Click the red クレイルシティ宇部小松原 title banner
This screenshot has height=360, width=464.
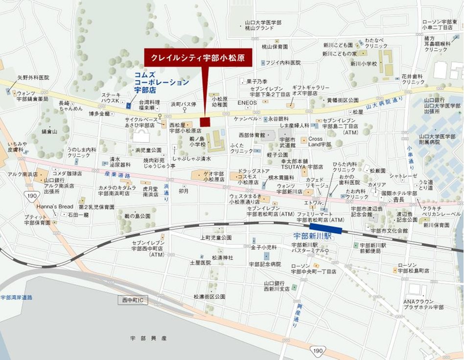tap(198, 57)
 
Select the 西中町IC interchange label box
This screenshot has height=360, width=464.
tap(133, 300)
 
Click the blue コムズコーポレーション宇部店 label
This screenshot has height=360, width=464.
tap(161, 83)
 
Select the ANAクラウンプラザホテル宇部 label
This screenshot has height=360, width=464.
tap(423, 304)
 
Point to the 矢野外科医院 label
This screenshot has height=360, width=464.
tap(33, 77)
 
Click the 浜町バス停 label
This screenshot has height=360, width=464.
tap(183, 104)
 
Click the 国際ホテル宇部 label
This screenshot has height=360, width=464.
tap(399, 193)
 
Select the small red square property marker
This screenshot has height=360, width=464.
tap(205, 121)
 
